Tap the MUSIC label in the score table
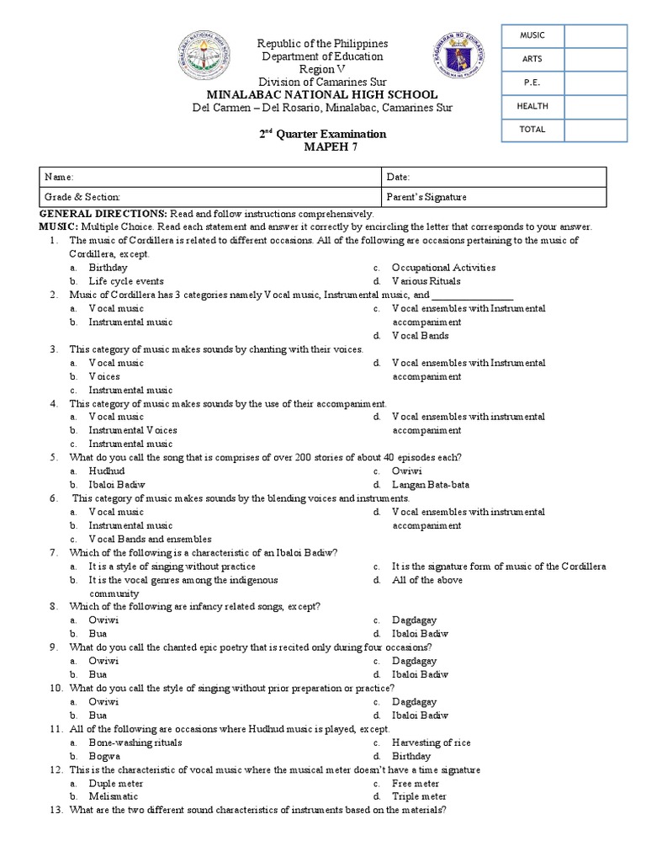[532, 35]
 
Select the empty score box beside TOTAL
[596, 130]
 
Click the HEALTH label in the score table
[532, 106]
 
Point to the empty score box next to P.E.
[596, 82]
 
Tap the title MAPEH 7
[323, 147]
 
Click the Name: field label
[61, 178]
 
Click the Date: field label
[398, 178]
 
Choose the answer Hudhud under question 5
[106, 471]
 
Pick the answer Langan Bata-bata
[431, 485]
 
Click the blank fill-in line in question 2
[473, 295]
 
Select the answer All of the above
[426, 580]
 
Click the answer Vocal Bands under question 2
[420, 336]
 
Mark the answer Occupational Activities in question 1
[443, 268]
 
